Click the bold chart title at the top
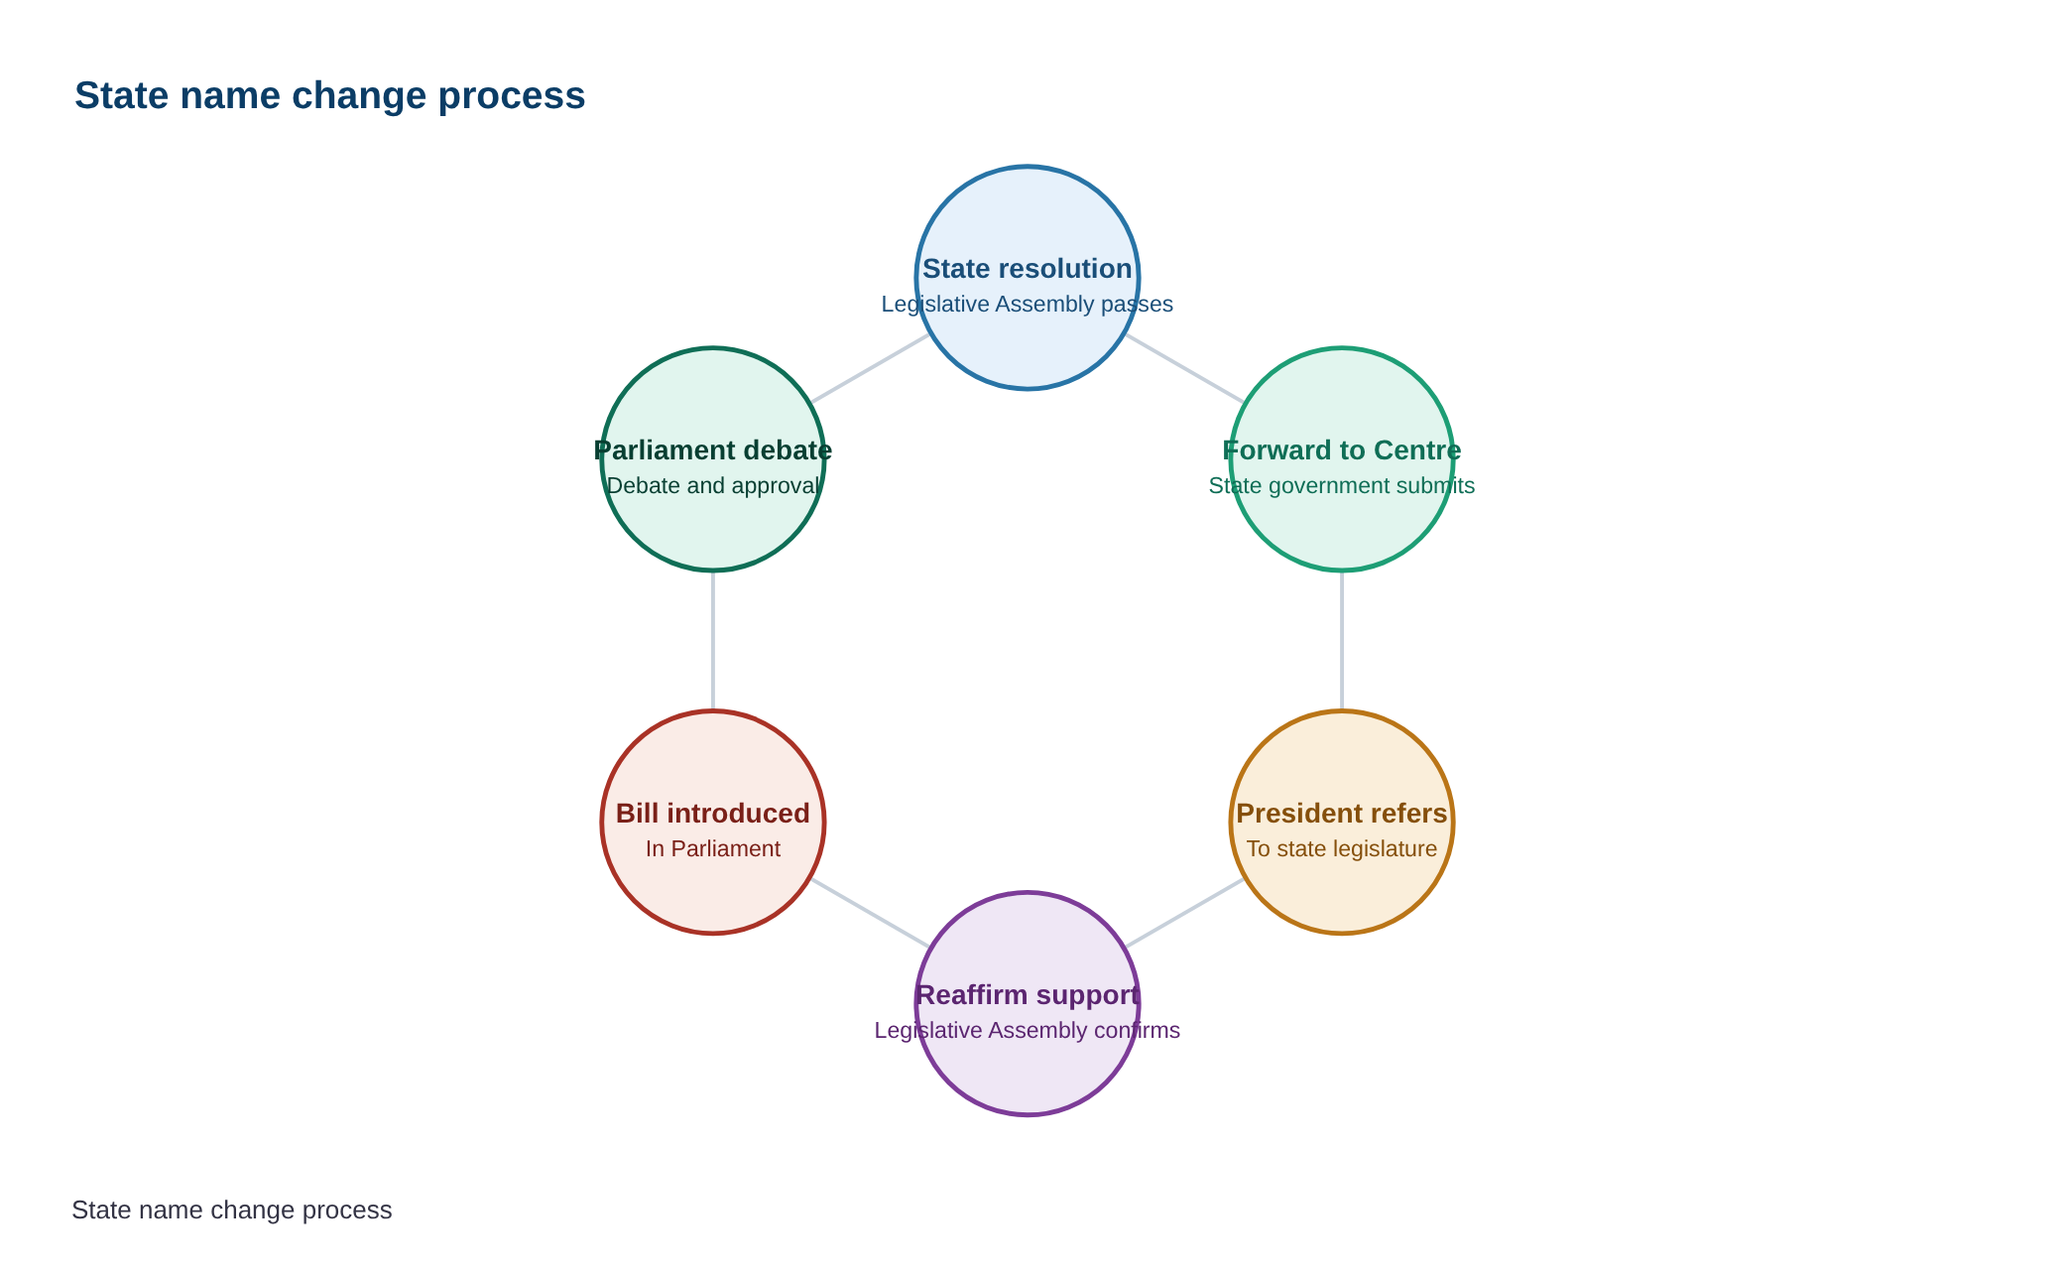pos(329,96)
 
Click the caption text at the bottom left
pos(232,1210)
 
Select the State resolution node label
pos(1028,269)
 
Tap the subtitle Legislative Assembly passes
pos(1028,305)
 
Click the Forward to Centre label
pos(1342,450)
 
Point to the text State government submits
pos(1342,486)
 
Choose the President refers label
pos(1342,814)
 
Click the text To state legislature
pos(1342,849)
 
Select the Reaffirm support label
pos(1028,995)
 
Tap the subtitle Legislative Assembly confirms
pos(1028,1031)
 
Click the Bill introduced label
pos(713,814)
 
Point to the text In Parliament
pos(713,849)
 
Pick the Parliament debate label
pos(713,450)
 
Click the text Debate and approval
pos(713,486)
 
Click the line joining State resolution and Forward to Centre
pos(1184,368)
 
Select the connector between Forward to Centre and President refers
pos(1342,641)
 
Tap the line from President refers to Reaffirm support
pos(1184,913)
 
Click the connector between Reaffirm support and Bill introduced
pos(870,913)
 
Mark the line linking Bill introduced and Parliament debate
pos(713,641)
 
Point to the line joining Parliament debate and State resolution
pos(870,368)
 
